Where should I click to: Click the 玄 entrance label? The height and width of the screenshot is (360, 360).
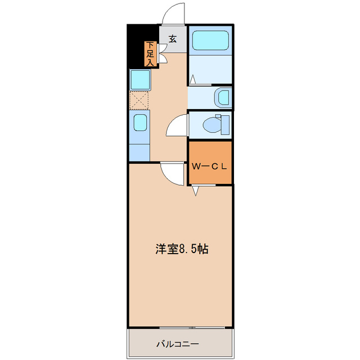(x=173, y=39)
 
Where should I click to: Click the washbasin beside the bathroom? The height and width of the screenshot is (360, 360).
(x=223, y=97)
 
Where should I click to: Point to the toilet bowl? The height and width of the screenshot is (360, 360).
(x=213, y=123)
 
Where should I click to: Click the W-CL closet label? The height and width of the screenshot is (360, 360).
(x=209, y=166)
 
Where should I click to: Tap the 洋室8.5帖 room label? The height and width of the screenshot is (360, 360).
(x=182, y=249)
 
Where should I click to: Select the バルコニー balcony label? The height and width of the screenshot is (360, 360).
(x=177, y=344)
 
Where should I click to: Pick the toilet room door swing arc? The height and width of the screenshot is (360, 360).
(x=177, y=125)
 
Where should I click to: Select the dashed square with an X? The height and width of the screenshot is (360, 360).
(x=139, y=100)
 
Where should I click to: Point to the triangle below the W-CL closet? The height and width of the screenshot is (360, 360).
(x=195, y=191)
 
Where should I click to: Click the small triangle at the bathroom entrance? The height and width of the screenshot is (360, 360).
(x=192, y=79)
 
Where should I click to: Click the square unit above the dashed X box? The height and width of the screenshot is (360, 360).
(x=139, y=79)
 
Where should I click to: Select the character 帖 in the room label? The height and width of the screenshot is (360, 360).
(x=203, y=249)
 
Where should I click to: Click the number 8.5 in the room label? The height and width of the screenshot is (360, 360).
(x=188, y=249)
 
